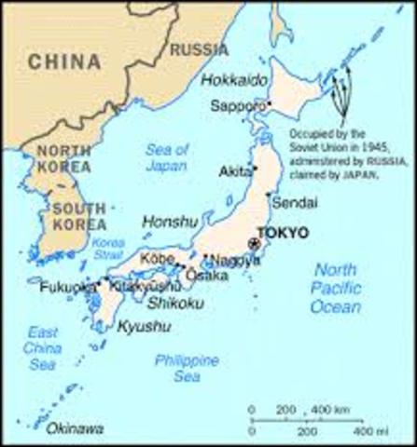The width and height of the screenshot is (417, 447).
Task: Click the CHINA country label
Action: (63, 62)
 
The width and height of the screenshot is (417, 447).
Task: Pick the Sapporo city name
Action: (237, 105)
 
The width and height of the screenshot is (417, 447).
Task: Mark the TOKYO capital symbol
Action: (256, 243)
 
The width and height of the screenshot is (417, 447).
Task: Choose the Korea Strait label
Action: (108, 248)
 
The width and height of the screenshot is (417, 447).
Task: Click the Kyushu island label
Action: (145, 326)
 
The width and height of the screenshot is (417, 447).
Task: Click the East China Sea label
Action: (43, 348)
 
